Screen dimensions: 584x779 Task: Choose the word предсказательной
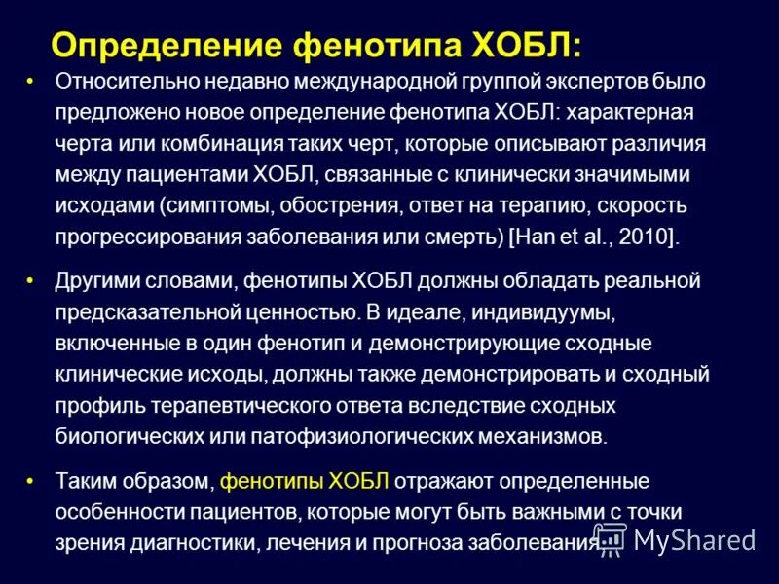coord(153,312)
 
